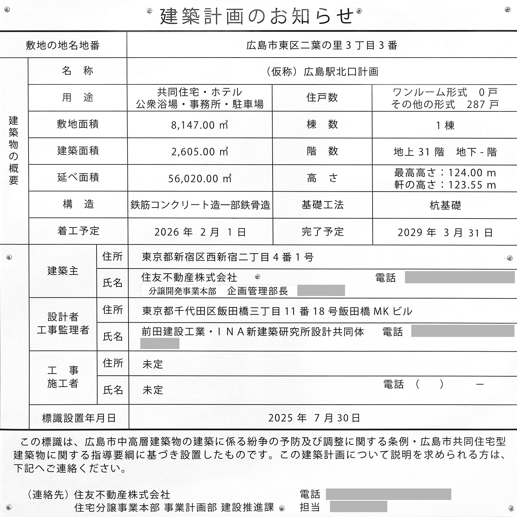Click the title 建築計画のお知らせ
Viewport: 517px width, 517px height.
(257, 16)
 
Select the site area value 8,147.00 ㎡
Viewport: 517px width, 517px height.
(200, 125)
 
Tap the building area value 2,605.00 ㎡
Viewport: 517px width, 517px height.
(200, 152)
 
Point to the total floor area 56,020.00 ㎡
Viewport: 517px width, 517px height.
(200, 179)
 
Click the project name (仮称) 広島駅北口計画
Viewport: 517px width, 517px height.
(322, 72)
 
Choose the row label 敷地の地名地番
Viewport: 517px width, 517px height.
(63, 45)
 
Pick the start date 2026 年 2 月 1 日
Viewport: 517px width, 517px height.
(200, 232)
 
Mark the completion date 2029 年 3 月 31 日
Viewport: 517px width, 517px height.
(445, 233)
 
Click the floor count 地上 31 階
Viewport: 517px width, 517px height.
(419, 152)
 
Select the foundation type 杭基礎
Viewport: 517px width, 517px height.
(445, 205)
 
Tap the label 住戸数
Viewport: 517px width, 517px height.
(322, 98)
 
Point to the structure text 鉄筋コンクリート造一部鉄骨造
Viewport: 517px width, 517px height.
(200, 205)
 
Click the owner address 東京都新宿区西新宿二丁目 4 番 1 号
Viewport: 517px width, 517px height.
(227, 257)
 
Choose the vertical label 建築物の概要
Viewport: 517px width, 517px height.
(13, 150)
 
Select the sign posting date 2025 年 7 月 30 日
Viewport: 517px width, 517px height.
(314, 418)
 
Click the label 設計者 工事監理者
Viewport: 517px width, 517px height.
(63, 323)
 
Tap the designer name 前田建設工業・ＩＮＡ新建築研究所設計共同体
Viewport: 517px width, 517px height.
(253, 332)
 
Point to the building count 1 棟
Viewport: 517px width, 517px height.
(445, 125)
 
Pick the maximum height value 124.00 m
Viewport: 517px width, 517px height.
(472, 173)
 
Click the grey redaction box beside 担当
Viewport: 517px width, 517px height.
(358, 507)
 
